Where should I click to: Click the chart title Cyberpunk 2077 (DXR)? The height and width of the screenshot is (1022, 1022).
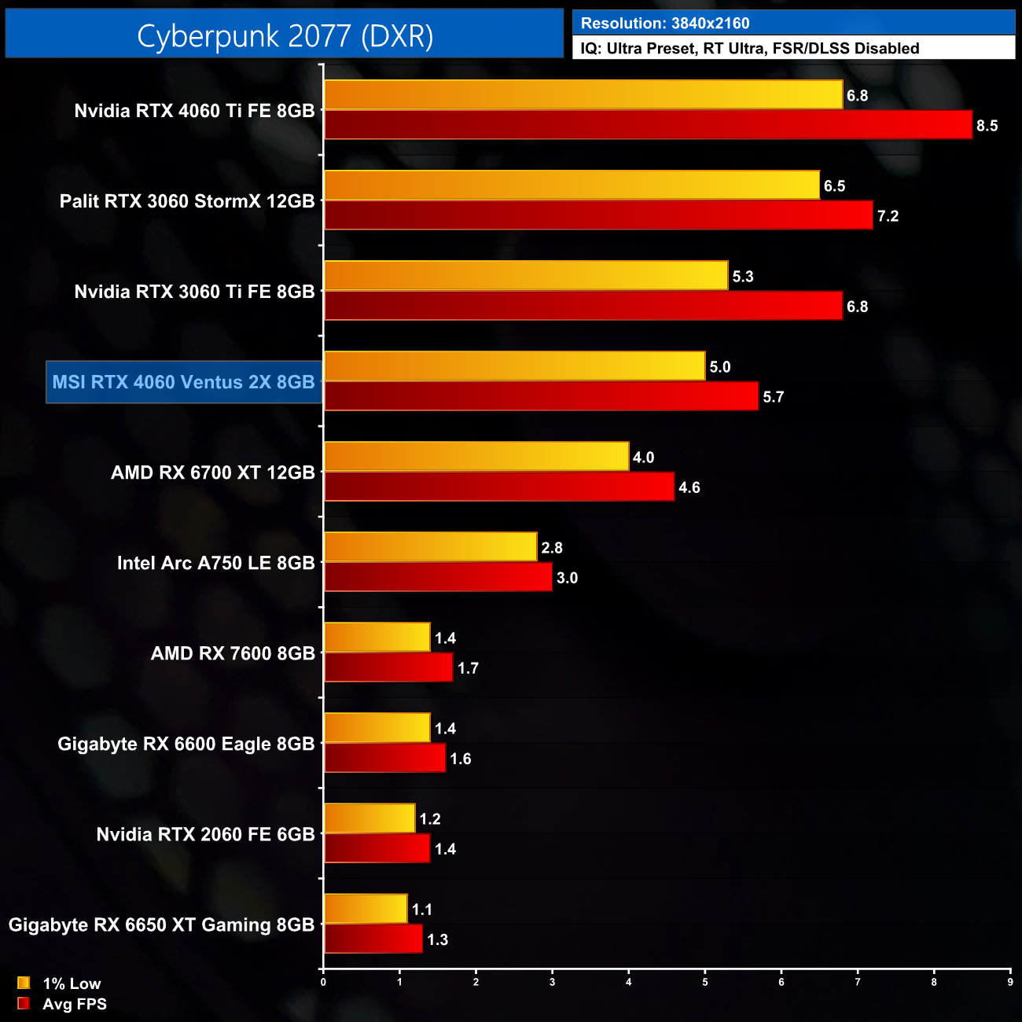pos(285,36)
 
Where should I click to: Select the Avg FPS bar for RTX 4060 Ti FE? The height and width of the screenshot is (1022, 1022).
pos(648,125)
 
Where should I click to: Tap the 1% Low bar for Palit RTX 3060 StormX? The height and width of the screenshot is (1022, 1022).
pos(572,186)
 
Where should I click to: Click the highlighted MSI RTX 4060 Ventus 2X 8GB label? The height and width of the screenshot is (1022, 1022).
pos(184,382)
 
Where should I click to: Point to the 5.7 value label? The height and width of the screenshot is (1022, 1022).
pos(773,397)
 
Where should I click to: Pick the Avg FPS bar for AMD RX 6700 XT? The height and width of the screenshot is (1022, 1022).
pos(499,487)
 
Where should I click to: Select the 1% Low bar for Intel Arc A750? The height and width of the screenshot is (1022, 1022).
pos(431,547)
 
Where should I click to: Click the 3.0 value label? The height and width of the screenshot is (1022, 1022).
pos(567,578)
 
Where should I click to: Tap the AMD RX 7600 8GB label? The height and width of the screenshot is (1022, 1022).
pos(233,653)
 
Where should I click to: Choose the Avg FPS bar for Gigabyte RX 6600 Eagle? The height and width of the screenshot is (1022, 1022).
pos(384,758)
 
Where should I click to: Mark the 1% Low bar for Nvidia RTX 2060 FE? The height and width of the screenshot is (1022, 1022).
pos(369,818)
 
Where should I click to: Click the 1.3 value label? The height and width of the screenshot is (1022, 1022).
pos(437,939)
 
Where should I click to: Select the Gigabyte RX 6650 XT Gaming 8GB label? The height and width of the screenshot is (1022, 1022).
pos(161,925)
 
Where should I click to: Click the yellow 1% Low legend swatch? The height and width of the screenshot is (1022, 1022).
pos(24,983)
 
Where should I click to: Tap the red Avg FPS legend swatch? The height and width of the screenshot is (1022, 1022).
pos(24,1003)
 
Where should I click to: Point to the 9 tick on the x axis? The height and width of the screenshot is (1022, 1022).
pos(1010,982)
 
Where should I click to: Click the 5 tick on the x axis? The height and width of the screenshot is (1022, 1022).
pos(705,982)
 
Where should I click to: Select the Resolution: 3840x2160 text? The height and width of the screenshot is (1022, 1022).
pos(665,24)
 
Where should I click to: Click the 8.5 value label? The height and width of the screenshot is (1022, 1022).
pos(987,126)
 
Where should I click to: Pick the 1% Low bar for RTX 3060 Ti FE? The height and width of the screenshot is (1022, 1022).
pos(526,276)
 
